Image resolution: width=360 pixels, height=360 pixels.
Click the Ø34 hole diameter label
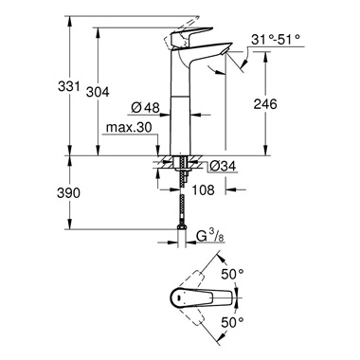coord(221,167)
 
